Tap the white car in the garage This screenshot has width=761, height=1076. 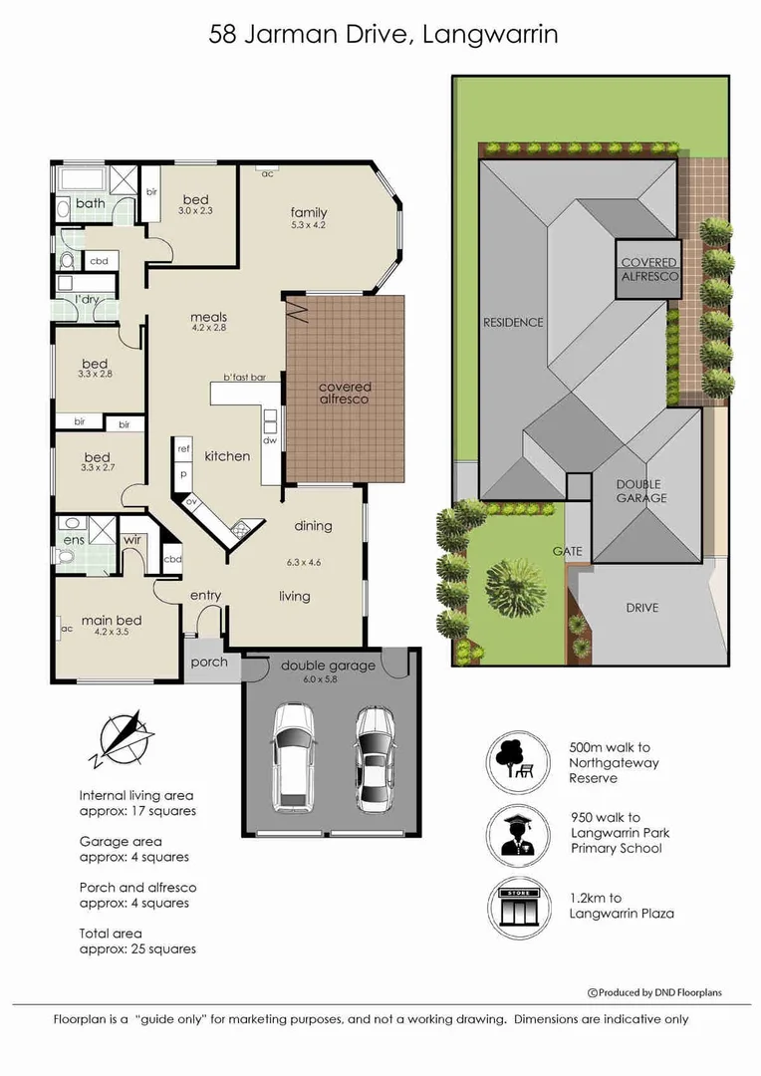coord(293,754)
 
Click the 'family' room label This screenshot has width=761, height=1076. coord(309,212)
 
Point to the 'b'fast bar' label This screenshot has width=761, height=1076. coord(243,377)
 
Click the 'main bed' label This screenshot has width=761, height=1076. coord(112,621)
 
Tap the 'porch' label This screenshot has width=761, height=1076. coord(208,662)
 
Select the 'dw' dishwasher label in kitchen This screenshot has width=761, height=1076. coord(269,440)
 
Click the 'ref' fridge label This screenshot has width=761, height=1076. coord(183,449)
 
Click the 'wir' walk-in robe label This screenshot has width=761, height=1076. coord(130,540)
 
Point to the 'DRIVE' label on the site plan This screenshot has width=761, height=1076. coord(641,608)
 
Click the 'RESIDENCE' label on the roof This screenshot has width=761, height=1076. coord(513,322)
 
